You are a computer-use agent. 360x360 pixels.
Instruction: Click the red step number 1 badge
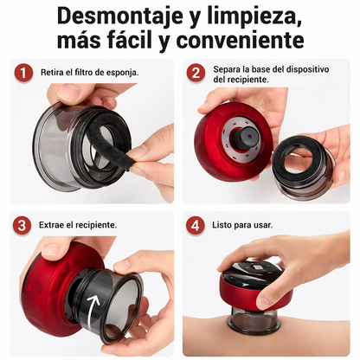click(x=23, y=73)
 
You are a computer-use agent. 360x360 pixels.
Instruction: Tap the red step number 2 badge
click(x=196, y=73)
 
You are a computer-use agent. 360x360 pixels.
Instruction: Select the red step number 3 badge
click(x=22, y=225)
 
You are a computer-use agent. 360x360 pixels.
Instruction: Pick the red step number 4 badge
click(x=196, y=225)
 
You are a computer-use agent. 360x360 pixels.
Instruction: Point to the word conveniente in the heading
click(x=240, y=40)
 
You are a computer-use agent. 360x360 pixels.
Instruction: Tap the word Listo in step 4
click(x=222, y=225)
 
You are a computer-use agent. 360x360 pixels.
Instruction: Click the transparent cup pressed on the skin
click(x=254, y=318)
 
